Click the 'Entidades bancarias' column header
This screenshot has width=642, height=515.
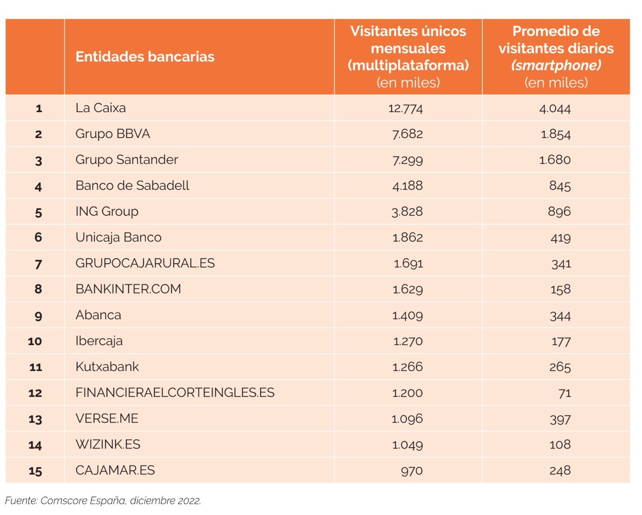[145, 57]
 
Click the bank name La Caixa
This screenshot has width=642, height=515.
[101, 108]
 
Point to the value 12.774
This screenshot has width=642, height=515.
[406, 108]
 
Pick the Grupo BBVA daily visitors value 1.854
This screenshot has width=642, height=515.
[556, 134]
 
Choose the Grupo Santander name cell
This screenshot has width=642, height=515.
[126, 160]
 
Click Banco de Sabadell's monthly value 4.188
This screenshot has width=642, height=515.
[407, 186]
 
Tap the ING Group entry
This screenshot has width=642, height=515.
[107, 211]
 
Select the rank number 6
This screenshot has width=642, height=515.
[38, 237]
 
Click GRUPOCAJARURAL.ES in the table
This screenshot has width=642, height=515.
[145, 263]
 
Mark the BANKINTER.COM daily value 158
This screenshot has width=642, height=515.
[560, 289]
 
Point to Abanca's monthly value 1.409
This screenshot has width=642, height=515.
[407, 315]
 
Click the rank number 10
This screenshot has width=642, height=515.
[35, 341]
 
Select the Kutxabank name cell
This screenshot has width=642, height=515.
[107, 367]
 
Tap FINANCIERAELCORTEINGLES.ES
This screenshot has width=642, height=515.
[175, 393]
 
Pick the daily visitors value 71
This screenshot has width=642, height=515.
[564, 393]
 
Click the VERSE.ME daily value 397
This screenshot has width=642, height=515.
[560, 419]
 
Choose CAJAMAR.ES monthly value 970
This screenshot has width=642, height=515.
[412, 471]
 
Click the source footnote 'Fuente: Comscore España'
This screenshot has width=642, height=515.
[103, 501]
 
